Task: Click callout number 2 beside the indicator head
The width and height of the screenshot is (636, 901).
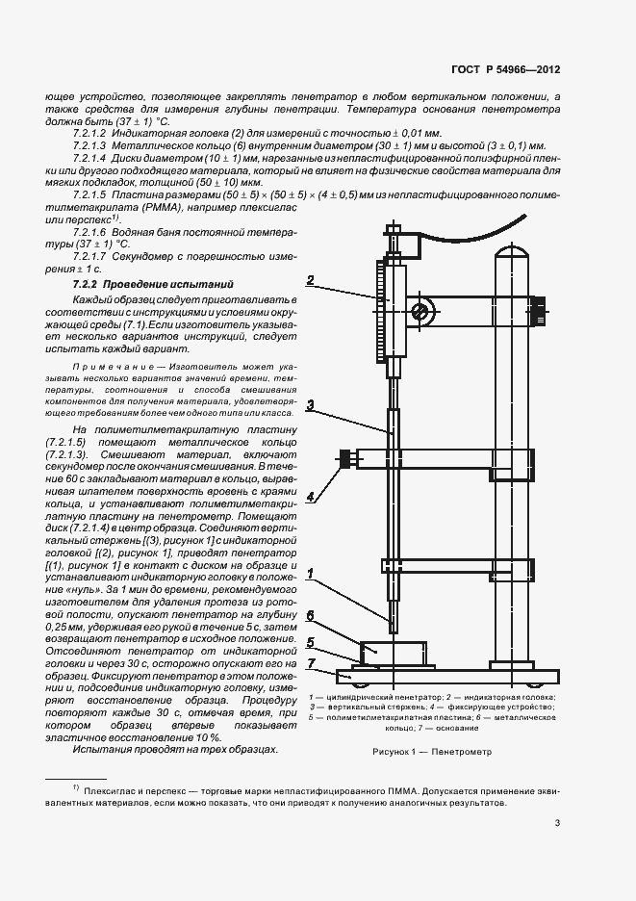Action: point(311,282)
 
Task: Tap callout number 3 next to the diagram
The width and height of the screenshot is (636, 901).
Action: point(311,405)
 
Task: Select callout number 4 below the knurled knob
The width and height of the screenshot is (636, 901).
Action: point(311,497)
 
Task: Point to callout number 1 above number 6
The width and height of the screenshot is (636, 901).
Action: point(311,575)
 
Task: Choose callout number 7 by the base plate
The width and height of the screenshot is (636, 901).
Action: point(311,663)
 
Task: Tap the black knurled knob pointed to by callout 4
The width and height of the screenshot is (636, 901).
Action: point(343,460)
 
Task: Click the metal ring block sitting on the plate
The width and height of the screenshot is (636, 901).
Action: point(392,652)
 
